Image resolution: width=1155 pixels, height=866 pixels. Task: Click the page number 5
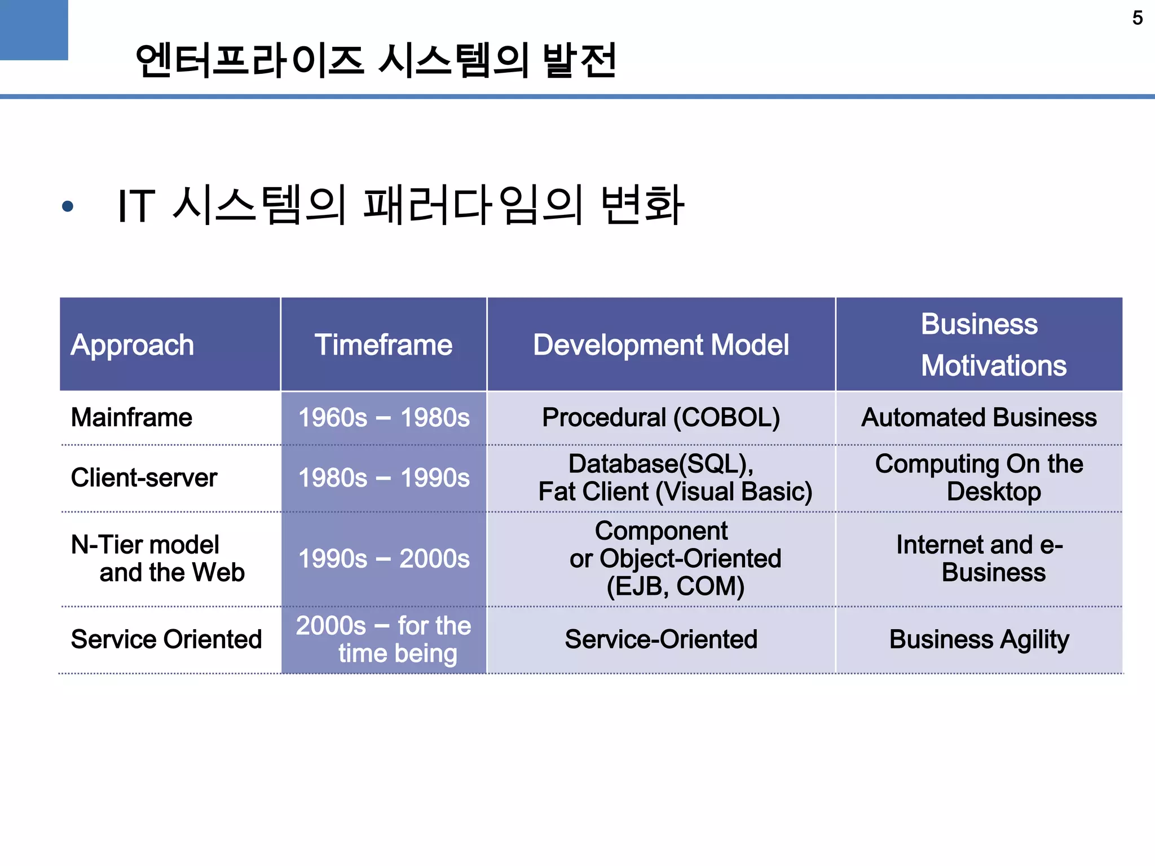point(1137,18)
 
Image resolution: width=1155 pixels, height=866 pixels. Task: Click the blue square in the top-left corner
point(33,29)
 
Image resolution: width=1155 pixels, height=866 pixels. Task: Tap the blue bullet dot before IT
point(68,206)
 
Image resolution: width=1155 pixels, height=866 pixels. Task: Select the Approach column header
point(132,344)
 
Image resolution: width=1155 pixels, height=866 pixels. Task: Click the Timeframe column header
point(383,344)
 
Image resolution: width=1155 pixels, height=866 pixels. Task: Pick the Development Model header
point(661,344)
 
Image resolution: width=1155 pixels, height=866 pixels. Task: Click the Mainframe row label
point(131,418)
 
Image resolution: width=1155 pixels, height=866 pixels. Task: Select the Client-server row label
point(144,478)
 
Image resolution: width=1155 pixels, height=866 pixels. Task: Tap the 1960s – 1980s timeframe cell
point(383,418)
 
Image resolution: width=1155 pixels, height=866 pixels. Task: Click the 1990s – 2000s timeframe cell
point(383,559)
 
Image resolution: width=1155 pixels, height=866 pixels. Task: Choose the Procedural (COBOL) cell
point(661,418)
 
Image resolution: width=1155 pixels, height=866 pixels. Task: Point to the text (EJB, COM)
point(675,586)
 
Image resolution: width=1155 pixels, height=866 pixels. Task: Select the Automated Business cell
point(979,418)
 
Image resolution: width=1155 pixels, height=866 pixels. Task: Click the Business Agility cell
point(979,639)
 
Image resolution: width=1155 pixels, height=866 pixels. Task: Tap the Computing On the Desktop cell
point(979,478)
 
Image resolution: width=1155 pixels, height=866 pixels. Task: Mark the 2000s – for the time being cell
point(383,639)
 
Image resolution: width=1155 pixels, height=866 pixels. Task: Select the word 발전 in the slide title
point(580,60)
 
